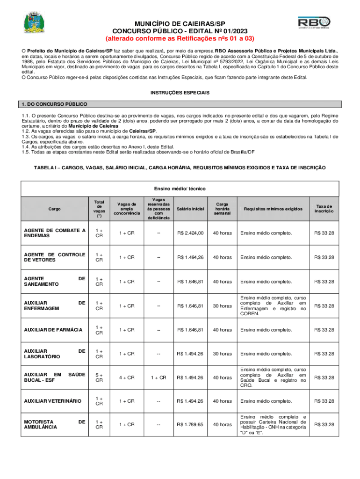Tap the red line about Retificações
pos(180,38)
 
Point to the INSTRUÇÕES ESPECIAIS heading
pos(180,93)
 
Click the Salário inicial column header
pos(190,208)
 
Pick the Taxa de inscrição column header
pos(324,208)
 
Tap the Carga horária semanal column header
pos(222,208)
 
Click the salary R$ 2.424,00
pos(190,233)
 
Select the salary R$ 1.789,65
pos(190,424)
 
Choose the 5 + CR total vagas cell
pos(99,377)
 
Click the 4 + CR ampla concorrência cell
pos(126,377)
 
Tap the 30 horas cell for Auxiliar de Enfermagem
pos(222,306)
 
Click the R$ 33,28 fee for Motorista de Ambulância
pos(324,424)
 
